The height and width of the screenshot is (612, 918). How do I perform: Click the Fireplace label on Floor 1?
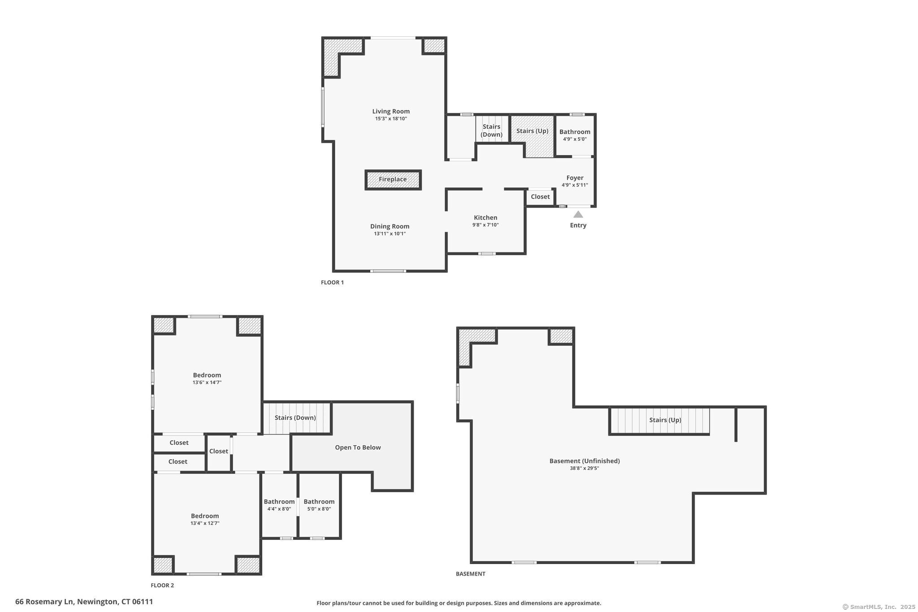393,179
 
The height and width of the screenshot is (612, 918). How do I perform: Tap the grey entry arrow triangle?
578,214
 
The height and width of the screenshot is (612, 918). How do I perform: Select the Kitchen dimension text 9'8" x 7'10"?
485,225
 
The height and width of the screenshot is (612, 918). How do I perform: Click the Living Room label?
391,111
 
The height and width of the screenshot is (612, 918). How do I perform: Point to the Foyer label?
575,178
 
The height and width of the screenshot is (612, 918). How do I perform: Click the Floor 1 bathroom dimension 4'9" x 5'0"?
575,139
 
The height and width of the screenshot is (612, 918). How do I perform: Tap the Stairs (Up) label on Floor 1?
532,131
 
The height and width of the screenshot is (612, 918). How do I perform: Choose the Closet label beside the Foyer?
540,196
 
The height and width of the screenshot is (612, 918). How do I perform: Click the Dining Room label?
390,226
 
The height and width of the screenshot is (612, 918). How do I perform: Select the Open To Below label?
358,447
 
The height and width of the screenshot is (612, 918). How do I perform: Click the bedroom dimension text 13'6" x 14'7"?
207,382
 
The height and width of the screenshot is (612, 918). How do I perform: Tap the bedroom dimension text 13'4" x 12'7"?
205,523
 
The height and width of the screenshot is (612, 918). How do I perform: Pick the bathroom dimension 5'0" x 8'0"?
319,509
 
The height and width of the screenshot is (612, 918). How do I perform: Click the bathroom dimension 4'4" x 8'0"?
279,509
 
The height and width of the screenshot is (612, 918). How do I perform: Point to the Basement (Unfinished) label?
585,461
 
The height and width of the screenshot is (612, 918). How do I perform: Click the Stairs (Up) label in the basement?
665,420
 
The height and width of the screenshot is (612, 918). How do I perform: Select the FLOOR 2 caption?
162,585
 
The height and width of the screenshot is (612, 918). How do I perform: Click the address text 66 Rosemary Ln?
44,602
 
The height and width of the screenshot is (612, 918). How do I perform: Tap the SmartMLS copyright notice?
879,607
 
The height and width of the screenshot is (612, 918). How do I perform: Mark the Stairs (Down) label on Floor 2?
295,418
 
